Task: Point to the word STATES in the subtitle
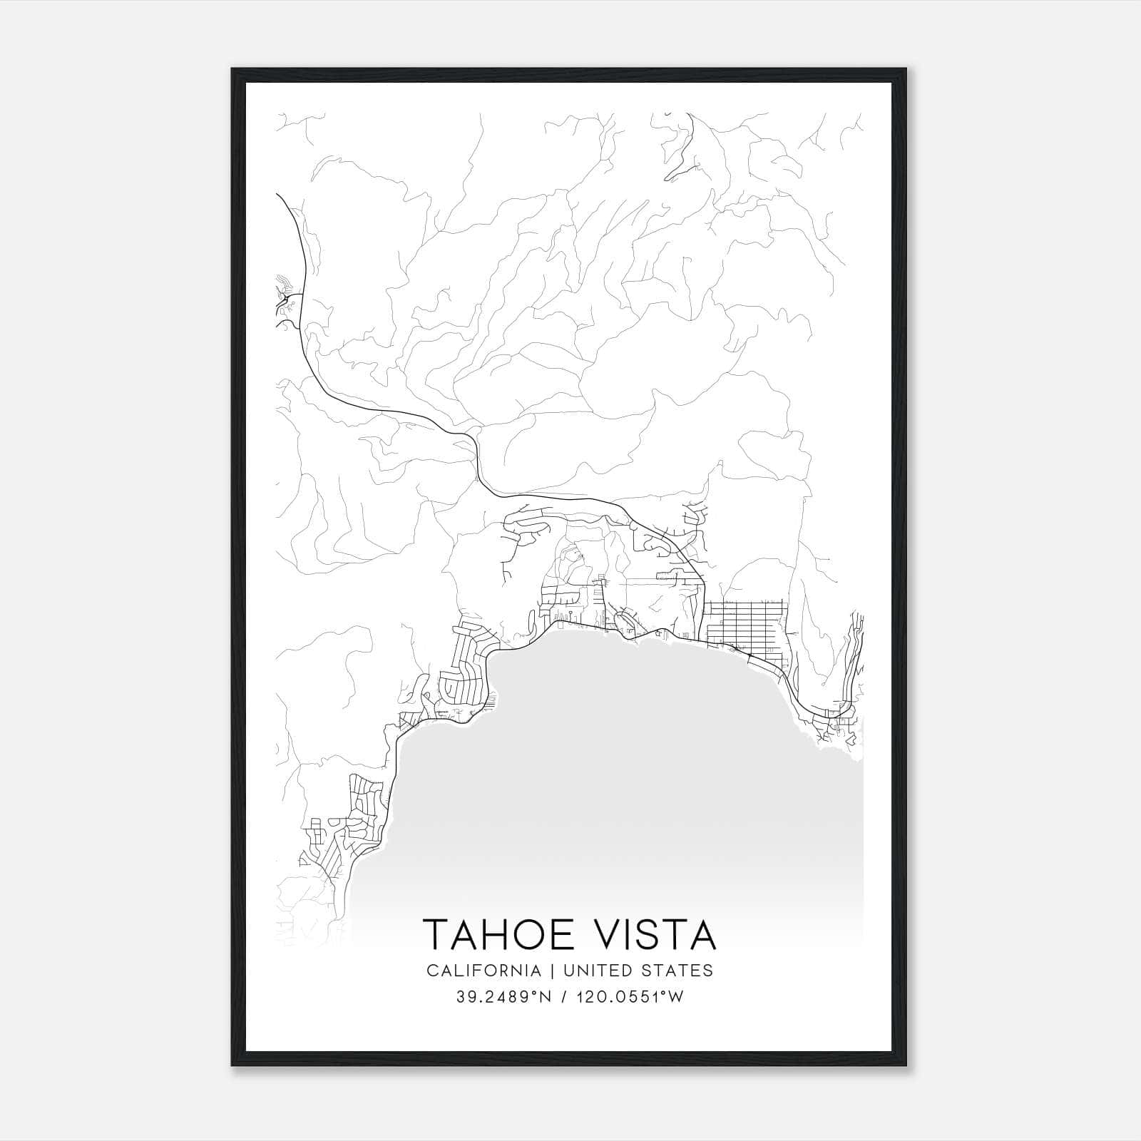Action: [678, 971]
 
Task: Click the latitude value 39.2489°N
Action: [505, 997]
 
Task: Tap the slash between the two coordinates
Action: [564, 997]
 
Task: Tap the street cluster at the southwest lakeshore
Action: [357, 820]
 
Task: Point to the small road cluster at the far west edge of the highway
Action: [285, 303]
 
